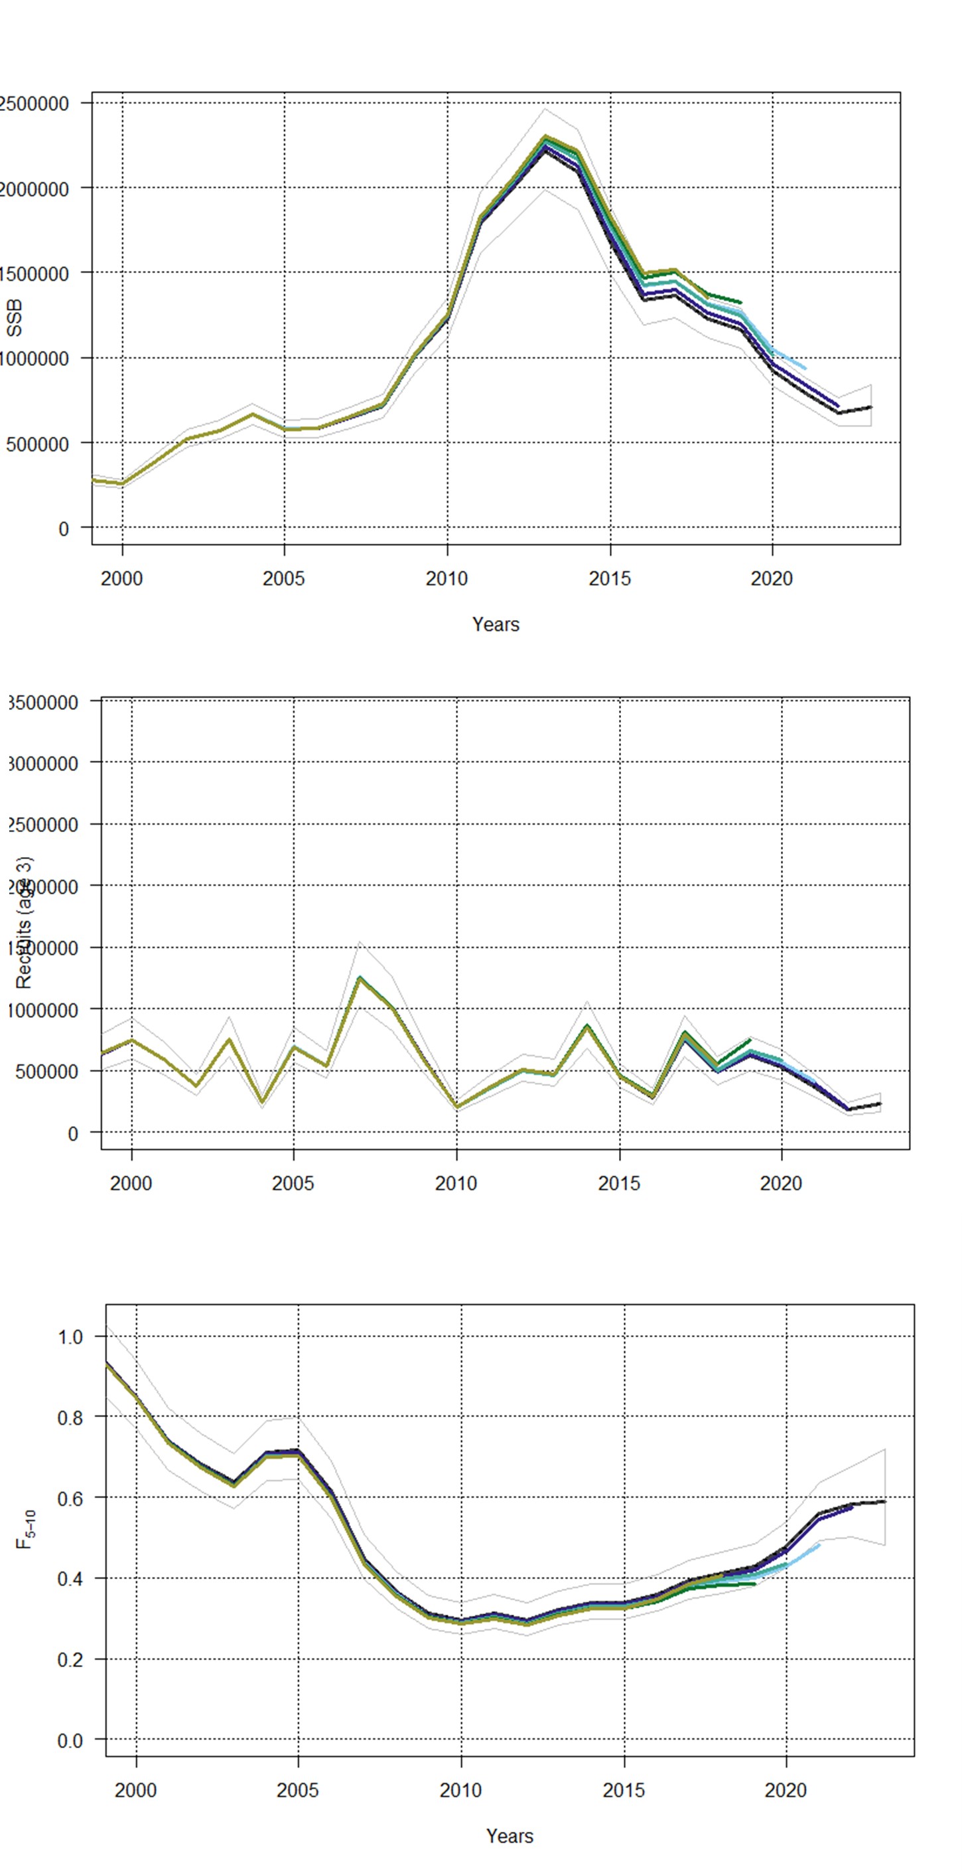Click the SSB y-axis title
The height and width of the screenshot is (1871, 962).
pos(15,317)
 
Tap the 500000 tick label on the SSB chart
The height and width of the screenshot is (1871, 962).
pos(38,444)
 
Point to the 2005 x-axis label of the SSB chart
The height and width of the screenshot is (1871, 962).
pos(284,579)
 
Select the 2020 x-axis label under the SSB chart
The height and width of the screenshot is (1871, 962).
pos(772,579)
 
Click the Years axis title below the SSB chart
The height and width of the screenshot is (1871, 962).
pos(496,625)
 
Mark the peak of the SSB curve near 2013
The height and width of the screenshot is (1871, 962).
pos(545,138)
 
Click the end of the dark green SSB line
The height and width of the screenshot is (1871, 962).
pos(740,302)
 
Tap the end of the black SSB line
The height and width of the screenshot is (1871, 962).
pos(870,408)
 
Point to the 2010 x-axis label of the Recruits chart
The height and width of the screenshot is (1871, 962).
pos(456,1184)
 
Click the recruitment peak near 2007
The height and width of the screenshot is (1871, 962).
pos(360,977)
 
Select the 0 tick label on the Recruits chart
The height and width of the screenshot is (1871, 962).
pos(72,1134)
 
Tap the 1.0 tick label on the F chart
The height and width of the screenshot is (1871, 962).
pos(70,1337)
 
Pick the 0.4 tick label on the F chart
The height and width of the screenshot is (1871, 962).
pos(70,1579)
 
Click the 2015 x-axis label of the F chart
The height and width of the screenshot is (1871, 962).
pos(624,1791)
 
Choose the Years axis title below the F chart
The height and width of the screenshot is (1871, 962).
pos(510,1836)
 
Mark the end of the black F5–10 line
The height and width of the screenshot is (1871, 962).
pos(884,1501)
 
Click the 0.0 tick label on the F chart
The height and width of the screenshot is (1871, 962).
pos(70,1740)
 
